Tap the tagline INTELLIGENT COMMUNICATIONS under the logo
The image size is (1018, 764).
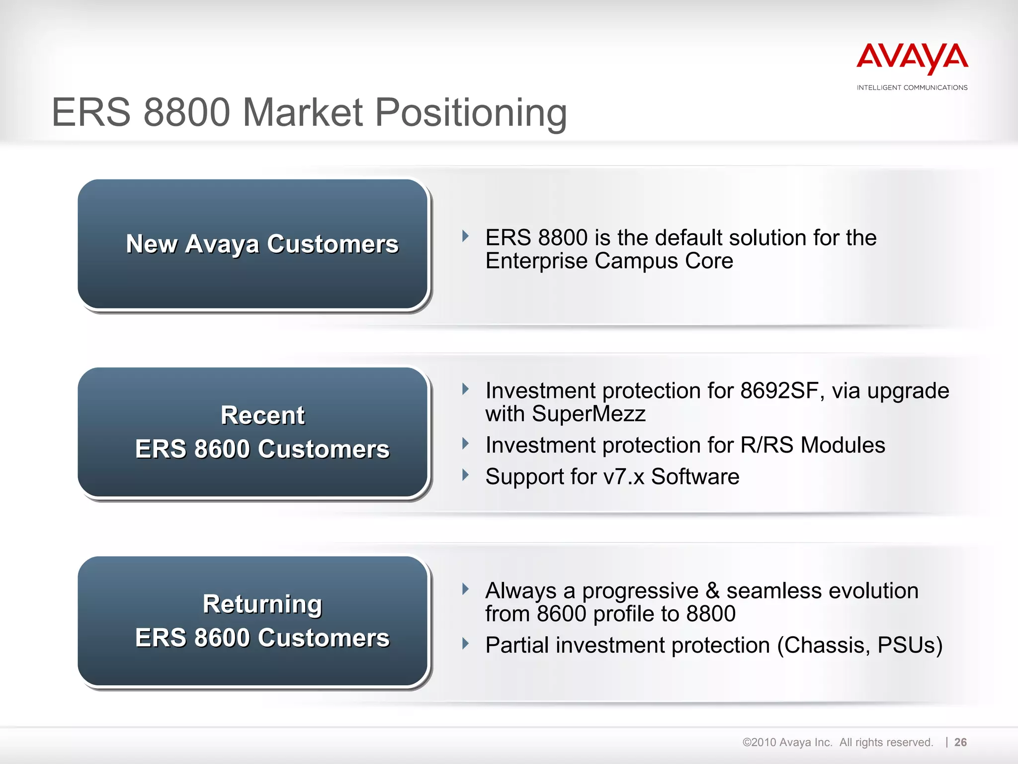[912, 88]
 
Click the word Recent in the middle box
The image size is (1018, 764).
[262, 415]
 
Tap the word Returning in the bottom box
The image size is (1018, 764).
[262, 604]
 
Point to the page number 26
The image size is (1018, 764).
[960, 742]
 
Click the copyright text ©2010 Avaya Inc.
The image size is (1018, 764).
[787, 742]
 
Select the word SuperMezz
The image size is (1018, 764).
[589, 414]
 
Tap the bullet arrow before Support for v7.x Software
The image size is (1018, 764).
[465, 475]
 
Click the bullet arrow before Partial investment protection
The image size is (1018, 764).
[465, 644]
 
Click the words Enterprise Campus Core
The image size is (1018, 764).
[609, 261]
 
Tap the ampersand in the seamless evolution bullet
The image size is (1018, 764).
[712, 591]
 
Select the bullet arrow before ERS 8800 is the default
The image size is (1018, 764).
[465, 236]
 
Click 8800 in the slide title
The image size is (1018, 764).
[186, 113]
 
